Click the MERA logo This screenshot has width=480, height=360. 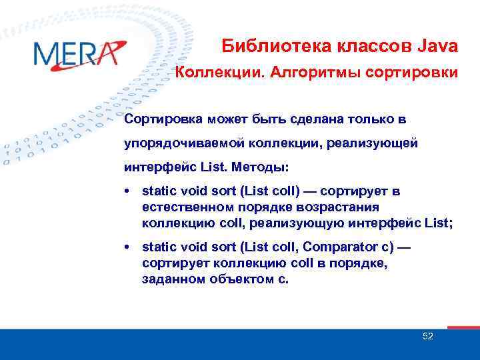click(x=79, y=53)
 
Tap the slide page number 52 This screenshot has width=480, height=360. click(x=428, y=336)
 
